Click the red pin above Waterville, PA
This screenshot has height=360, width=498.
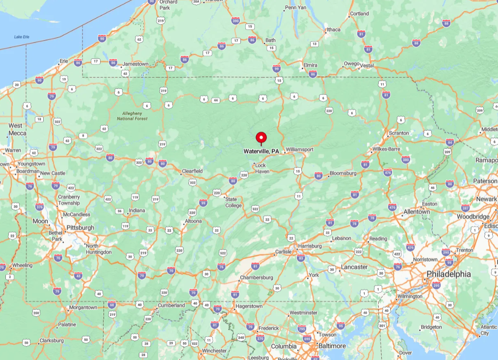[261, 138]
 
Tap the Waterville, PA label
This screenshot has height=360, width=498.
[261, 152]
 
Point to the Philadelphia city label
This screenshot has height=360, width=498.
[448, 274]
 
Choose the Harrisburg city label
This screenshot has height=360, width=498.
[310, 246]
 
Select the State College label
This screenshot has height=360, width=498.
[234, 202]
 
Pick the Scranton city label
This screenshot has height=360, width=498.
[398, 133]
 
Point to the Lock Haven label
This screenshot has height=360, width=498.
[262, 168]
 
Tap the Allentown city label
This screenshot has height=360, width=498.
[417, 212]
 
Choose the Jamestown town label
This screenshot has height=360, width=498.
[135, 64]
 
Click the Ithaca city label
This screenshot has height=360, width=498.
[334, 29]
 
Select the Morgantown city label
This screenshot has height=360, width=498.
[83, 308]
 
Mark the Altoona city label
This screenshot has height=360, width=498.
[193, 221]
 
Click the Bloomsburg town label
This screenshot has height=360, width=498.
[343, 173]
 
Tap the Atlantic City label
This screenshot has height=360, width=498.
[488, 330]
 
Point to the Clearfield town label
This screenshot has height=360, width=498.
[192, 171]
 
